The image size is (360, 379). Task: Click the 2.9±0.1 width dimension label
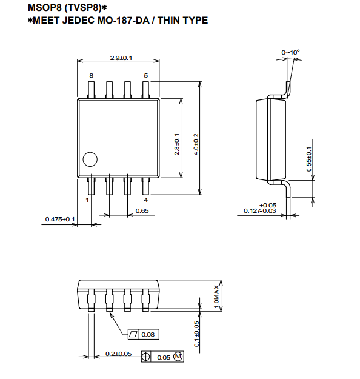(x=121, y=58)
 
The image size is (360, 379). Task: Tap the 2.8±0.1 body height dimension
(x=176, y=144)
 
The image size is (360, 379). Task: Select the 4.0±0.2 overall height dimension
(x=196, y=144)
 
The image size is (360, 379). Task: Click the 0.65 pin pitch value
(x=142, y=211)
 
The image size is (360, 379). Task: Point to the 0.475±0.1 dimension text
(x=60, y=220)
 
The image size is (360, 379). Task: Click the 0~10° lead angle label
(x=290, y=52)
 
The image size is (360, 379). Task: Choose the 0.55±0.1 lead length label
(x=309, y=159)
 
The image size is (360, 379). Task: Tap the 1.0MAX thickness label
(x=216, y=297)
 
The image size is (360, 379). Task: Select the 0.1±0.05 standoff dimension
(x=197, y=334)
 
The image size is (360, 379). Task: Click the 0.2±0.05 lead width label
(x=119, y=354)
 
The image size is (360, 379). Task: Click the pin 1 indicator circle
(x=90, y=159)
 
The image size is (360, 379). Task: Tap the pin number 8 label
(x=91, y=76)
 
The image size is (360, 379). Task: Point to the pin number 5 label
(x=145, y=76)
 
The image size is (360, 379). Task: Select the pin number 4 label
(x=145, y=200)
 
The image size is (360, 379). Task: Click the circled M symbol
(x=178, y=357)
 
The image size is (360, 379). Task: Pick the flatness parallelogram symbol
(x=133, y=334)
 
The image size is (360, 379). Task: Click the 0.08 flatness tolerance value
(x=148, y=335)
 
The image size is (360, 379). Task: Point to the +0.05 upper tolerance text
(x=268, y=205)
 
